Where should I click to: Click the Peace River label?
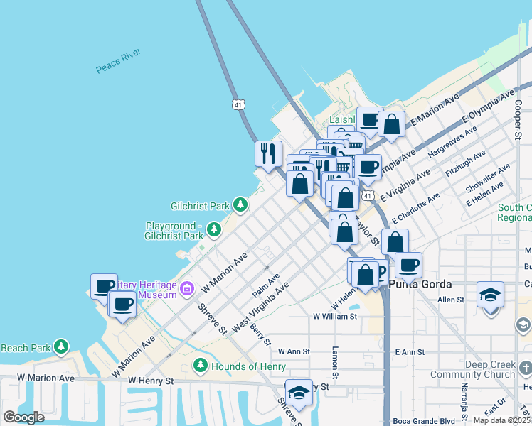(x=119, y=61)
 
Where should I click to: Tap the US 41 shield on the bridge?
(x=238, y=104)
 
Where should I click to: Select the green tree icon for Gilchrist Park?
(x=241, y=206)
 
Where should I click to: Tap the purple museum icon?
(x=188, y=288)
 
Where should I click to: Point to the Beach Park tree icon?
(x=62, y=347)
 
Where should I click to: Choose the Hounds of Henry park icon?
(x=201, y=366)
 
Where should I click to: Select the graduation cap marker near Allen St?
(x=490, y=294)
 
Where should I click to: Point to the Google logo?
(x=24, y=417)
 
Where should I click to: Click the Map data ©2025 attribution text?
(x=501, y=420)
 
